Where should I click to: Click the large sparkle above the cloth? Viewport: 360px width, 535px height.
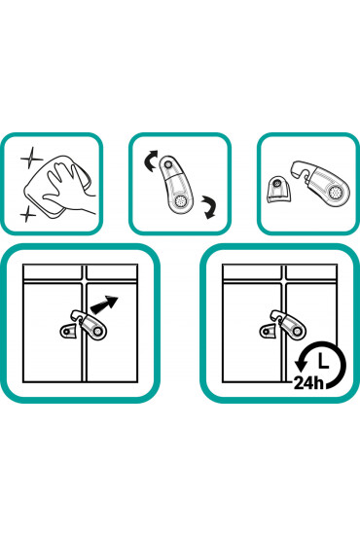tap(32, 159)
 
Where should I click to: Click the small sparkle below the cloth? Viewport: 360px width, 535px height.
tap(27, 214)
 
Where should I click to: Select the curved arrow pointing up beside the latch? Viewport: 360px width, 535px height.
tap(151, 160)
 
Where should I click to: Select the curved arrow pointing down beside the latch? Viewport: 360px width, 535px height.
tap(209, 207)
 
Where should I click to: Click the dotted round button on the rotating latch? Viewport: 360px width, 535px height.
tap(178, 201)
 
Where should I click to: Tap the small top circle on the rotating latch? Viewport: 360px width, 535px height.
tap(167, 164)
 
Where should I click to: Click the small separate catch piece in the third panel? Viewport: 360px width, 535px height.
tap(279, 190)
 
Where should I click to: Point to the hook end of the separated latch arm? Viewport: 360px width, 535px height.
tap(300, 169)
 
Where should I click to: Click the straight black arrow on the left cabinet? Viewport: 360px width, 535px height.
tap(104, 304)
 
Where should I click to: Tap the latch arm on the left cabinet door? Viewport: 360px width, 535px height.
tap(90, 324)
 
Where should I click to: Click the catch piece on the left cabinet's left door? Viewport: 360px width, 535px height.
tap(68, 332)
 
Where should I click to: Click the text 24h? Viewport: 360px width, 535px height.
tap(308, 383)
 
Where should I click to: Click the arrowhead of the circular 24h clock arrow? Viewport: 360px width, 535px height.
tap(301, 365)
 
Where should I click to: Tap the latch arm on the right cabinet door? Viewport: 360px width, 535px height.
tap(289, 324)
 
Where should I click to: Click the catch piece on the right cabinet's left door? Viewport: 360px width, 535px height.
tap(269, 332)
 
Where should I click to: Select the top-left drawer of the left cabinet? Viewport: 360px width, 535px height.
tap(53, 272)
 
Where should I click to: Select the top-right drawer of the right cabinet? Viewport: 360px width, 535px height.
tap(311, 272)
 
